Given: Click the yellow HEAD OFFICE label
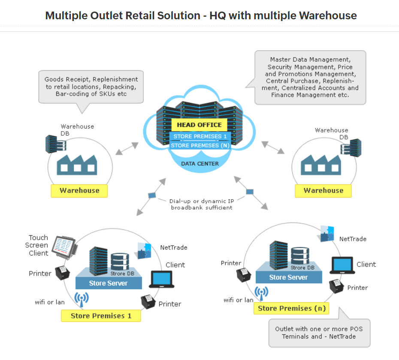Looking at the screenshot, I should pos(199,125).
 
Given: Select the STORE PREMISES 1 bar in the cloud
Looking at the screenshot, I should pos(199,137).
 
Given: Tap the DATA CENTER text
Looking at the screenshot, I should pos(199,164).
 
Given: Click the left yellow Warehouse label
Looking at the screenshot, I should pos(79,191).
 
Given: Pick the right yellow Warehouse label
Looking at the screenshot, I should pos(323,191).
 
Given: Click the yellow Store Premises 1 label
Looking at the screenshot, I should pos(101,316).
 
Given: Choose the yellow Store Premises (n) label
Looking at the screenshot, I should pos(292,308).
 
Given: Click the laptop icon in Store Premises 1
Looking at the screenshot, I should pos(161,279).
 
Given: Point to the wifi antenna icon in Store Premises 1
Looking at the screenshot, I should pos(81,299).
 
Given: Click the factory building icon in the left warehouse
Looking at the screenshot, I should pos(78,164).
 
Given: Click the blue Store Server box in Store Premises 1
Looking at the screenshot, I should pos(108,283).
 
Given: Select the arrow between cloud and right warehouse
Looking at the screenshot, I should pos(273,147).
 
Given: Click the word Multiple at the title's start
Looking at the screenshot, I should pos(67,16).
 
